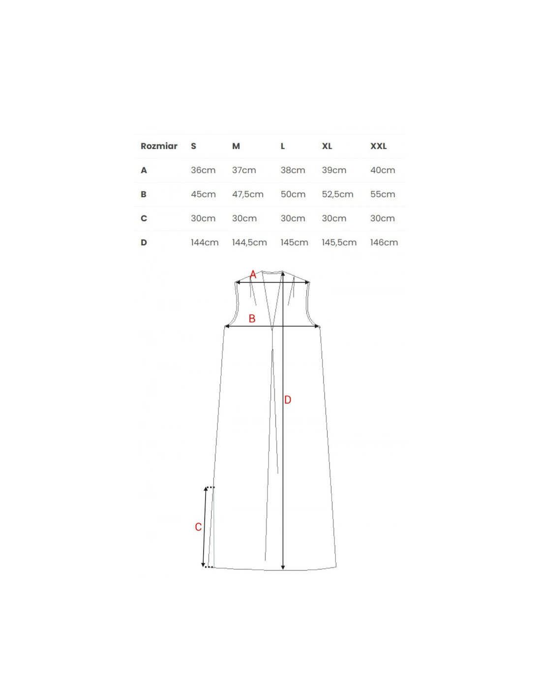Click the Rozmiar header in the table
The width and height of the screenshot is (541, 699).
(159, 146)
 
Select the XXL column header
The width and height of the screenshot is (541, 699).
(379, 146)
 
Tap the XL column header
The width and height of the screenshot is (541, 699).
(327, 146)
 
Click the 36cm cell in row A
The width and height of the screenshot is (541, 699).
(203, 170)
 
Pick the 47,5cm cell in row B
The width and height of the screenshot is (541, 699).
(248, 194)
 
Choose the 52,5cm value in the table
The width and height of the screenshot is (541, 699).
(337, 194)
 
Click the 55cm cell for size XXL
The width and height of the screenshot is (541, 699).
(383, 194)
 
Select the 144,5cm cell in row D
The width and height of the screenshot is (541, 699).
(249, 242)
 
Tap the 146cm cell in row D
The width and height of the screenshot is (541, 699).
(384, 242)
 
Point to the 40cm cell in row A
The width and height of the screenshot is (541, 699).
(383, 170)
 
